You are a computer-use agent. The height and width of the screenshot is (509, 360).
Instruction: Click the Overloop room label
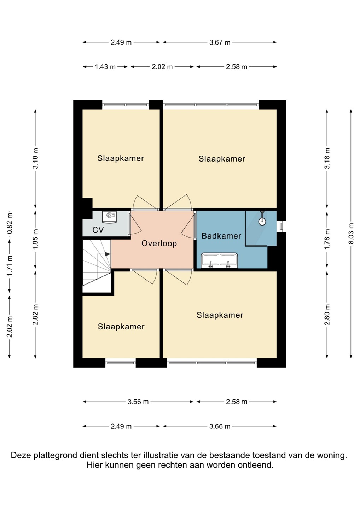[x=159, y=244]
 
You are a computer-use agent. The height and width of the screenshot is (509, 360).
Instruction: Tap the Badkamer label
[x=221, y=236]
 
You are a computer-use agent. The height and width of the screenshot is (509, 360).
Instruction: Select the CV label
[x=98, y=230]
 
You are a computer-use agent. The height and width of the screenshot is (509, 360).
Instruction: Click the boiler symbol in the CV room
[x=109, y=217]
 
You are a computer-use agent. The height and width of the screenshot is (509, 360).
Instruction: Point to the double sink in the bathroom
[x=219, y=261]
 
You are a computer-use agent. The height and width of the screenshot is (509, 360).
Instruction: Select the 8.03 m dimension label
[x=351, y=233]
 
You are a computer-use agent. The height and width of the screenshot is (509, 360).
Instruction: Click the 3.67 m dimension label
[x=220, y=42]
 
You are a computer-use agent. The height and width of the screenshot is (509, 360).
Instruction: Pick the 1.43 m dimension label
[x=105, y=67]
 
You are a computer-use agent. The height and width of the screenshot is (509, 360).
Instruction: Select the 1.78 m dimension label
[x=327, y=239]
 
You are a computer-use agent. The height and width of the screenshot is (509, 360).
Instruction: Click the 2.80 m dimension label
[x=327, y=315]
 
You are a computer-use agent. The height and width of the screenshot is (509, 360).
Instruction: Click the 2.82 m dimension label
[x=35, y=314]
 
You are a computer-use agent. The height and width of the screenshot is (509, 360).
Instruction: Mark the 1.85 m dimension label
[x=35, y=239]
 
